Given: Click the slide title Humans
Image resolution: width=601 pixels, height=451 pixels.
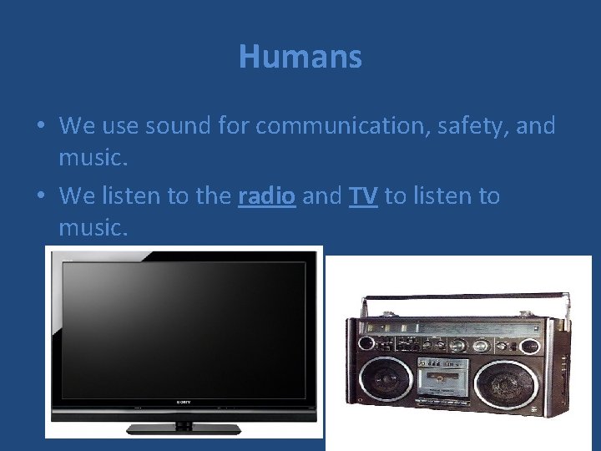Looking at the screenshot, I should coord(300,57).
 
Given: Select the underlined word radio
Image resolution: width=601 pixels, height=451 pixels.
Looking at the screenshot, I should coord(266,196).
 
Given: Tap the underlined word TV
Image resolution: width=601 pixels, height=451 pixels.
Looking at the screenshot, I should coord(363,196).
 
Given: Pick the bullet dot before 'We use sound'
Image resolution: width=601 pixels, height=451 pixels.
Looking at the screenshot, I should coord(41,127).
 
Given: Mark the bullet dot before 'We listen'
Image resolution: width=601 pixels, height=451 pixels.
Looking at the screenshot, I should coord(41,197).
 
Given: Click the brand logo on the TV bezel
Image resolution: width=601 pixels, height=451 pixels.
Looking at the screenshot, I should coord(184,402).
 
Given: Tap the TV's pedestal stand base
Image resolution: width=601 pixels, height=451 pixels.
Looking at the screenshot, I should coord(184,428).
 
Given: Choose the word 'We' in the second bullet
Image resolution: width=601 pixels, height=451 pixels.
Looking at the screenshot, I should coord(78,196).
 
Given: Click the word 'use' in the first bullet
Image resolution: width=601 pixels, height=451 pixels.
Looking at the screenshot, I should coord(120,126).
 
